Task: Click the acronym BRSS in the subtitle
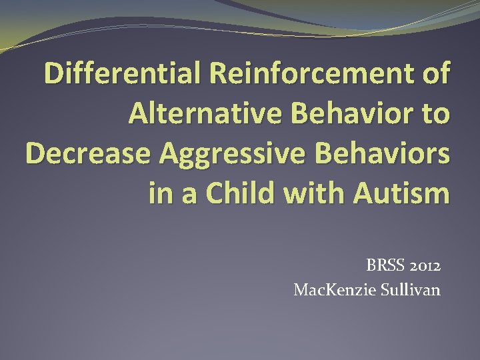coord(383,266)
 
